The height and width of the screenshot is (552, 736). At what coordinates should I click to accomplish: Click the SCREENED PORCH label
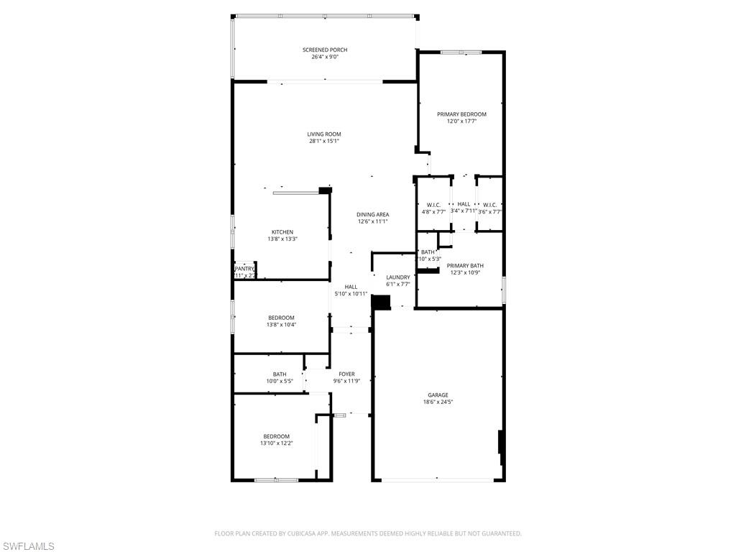pos(325,50)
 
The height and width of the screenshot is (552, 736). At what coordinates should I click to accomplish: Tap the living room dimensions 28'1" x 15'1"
pos(324,141)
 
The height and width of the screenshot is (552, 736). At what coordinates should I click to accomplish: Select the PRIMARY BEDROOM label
pos(461,114)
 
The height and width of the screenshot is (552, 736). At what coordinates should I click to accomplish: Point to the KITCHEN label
pos(282,231)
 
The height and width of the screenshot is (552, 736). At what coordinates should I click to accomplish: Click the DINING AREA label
pos(372,214)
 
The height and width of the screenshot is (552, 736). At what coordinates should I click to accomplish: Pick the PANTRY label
pos(244,269)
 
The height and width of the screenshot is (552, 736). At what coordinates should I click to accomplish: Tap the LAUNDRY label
pos(397,277)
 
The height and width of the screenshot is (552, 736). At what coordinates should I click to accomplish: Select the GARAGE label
pos(438,395)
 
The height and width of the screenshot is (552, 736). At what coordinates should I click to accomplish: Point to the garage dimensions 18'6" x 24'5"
pos(438,402)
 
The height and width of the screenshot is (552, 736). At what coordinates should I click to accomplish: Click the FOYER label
pos(346,374)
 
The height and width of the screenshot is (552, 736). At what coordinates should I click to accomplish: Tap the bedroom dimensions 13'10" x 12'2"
pos(276,443)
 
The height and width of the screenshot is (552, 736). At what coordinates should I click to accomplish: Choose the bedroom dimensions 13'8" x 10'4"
pos(281,325)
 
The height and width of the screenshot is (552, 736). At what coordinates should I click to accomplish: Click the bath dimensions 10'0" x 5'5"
pos(279,381)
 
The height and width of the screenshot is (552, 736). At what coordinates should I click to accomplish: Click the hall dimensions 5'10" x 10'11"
pos(351,294)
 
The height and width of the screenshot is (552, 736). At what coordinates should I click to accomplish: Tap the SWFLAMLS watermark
pos(28,546)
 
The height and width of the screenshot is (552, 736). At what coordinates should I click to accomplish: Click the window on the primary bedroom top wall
pos(461,52)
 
